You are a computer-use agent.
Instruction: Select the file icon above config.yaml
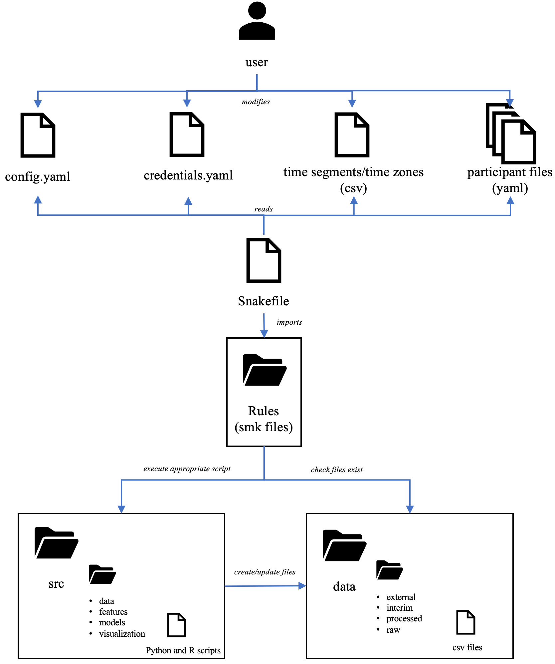(38, 135)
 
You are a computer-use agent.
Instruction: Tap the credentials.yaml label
(188, 175)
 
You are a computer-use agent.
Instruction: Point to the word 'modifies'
(256, 102)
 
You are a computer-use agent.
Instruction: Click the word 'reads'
(263, 209)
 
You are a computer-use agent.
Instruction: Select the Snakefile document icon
(264, 260)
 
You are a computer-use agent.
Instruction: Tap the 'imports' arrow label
(289, 322)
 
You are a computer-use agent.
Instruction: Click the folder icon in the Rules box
(264, 370)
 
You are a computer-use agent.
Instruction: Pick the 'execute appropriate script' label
(187, 469)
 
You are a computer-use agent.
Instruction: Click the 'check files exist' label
(336, 470)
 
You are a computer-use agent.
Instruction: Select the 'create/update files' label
(265, 572)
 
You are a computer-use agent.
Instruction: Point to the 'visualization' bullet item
(122, 634)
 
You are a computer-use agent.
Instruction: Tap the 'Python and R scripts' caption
(183, 650)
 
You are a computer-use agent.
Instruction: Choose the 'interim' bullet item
(399, 608)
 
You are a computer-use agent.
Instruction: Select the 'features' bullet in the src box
(113, 612)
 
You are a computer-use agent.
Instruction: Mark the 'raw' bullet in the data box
(393, 630)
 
